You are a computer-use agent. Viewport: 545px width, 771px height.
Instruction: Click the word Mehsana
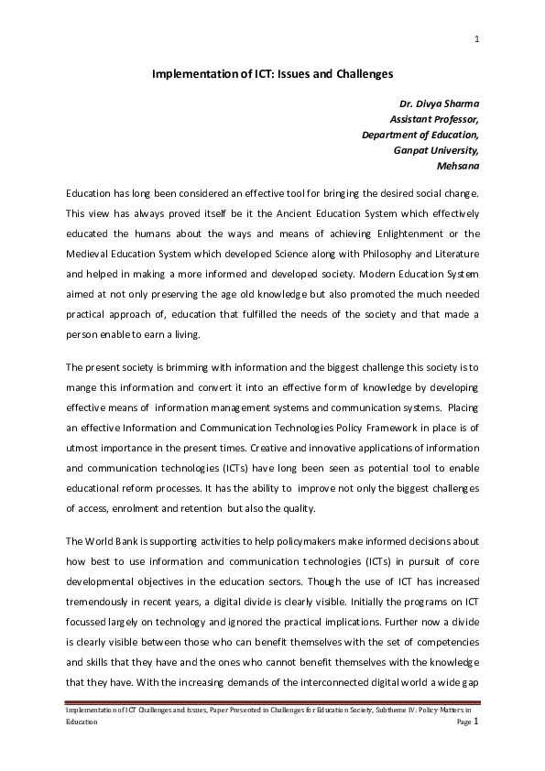(x=459, y=166)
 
